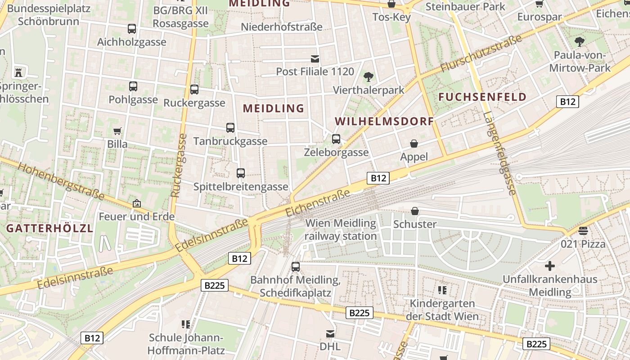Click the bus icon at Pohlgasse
tap(133, 86)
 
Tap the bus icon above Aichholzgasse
tap(132, 29)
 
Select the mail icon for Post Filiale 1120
tap(315, 59)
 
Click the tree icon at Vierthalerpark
tap(369, 77)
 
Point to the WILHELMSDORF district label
tap(384, 121)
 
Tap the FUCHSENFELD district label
tap(482, 97)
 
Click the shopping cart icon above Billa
tap(117, 131)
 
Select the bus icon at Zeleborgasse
tap(336, 139)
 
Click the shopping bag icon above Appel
tap(414, 144)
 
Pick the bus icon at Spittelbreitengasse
tap(241, 173)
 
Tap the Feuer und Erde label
tap(136, 217)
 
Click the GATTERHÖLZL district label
tap(49, 228)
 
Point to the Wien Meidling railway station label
tap(341, 229)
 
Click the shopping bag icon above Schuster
tap(415, 211)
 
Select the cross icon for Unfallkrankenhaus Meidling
tap(550, 266)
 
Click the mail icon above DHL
tap(330, 334)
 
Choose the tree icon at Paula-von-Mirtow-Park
tap(580, 42)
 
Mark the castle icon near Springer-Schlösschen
tap(18, 72)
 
